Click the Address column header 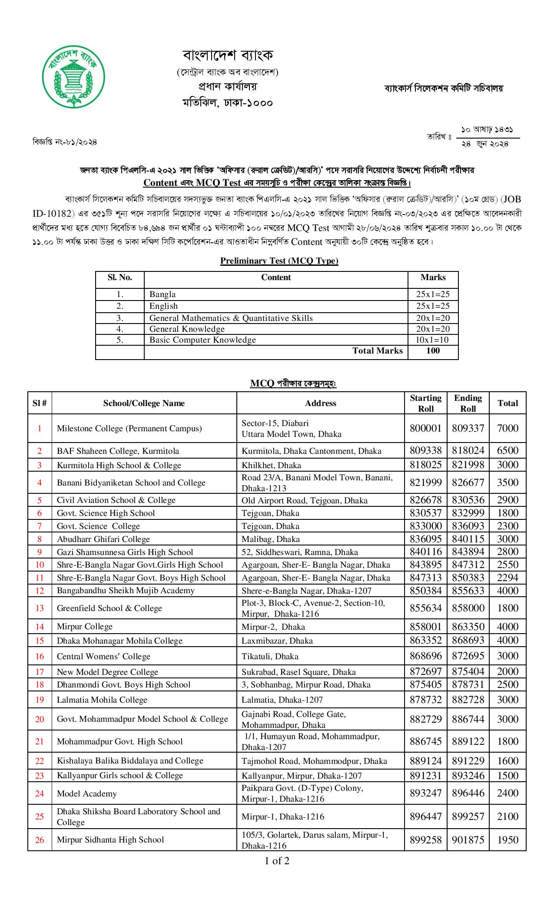tap(320, 403)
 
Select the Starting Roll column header tap(425, 403)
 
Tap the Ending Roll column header tap(468, 403)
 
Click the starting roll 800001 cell tap(425, 428)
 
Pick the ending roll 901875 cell tap(468, 840)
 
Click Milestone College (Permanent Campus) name tap(129, 428)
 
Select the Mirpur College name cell tap(85, 626)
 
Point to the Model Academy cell tap(87, 793)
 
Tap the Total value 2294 tap(508, 578)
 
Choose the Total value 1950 tap(508, 840)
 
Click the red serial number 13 tap(40, 608)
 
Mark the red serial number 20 tap(40, 719)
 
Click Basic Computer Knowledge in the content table tap(202, 340)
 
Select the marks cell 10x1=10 tap(432, 340)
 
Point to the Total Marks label tap(377, 351)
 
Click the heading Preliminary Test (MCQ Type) tap(279, 261)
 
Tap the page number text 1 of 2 tap(277, 860)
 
